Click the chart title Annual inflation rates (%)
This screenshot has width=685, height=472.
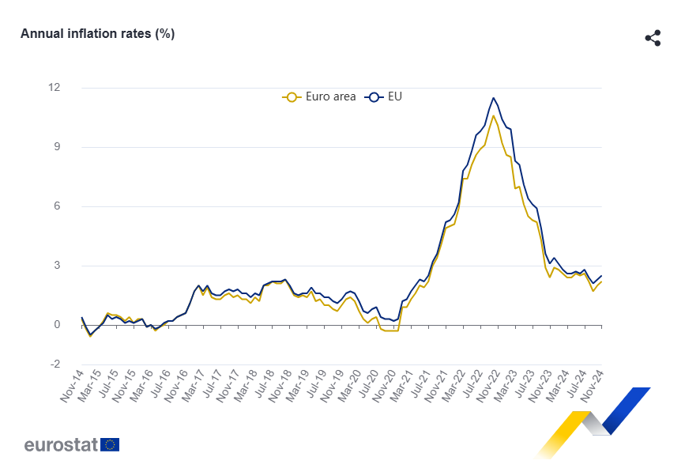point(97,33)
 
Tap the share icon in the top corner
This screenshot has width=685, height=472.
point(653,38)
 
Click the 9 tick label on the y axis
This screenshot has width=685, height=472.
point(57,147)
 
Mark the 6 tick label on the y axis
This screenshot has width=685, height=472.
point(57,206)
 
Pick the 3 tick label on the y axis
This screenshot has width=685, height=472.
point(57,266)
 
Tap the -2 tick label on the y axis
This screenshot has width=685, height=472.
point(55,364)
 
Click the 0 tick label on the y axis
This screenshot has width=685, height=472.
point(57,325)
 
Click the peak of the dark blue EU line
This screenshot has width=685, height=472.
point(494,98)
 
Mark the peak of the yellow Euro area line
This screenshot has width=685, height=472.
point(494,115)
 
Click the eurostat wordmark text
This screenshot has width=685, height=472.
point(61,444)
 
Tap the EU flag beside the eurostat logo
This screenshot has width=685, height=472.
point(111,444)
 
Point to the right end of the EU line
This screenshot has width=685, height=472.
point(601,276)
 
